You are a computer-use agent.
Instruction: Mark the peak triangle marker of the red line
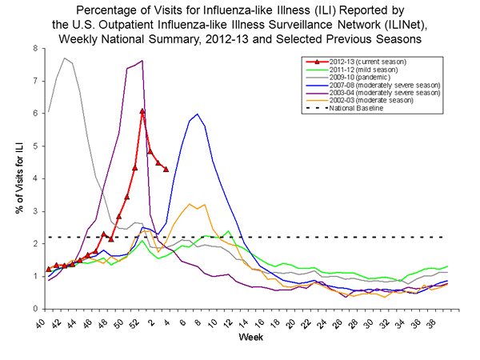(142, 111)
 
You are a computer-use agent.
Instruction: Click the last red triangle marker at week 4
(166, 169)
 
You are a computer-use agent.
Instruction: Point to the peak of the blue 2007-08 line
(197, 114)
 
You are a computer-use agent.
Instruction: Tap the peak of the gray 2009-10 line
(64, 58)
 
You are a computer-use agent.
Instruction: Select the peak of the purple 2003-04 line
(142, 61)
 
